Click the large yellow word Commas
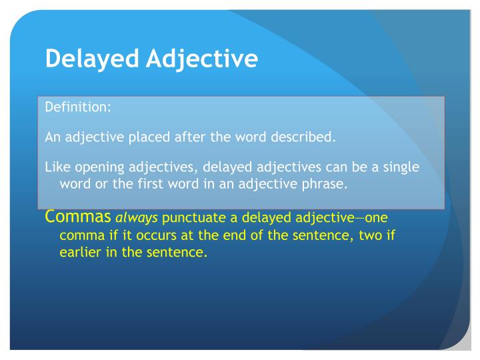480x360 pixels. pos(78,217)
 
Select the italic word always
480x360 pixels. pos(137,219)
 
